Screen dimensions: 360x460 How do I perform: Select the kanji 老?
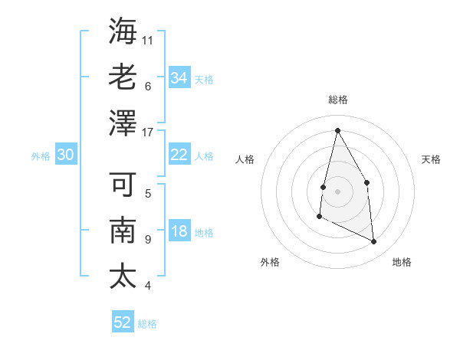123,77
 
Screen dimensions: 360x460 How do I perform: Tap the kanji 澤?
123,123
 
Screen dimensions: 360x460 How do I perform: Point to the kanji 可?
123,185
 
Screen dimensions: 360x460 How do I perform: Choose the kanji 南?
123,231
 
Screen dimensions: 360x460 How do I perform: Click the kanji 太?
123,276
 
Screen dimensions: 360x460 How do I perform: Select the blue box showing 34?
179,78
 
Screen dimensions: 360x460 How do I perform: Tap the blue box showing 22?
179,155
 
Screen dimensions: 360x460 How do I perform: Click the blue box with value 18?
179,232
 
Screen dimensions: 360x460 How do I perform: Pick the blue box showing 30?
65,155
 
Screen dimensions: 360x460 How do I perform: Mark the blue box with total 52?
123,322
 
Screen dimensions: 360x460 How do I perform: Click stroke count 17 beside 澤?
148,132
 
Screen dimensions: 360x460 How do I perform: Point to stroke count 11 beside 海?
148,39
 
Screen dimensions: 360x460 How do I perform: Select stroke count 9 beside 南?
148,240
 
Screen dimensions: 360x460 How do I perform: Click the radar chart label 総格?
337,100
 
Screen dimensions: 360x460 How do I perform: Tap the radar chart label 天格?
432,159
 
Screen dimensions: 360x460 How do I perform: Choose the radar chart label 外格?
270,262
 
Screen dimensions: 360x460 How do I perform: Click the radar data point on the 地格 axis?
374,242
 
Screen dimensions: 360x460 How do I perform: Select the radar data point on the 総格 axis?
337,130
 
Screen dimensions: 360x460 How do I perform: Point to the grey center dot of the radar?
337,191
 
